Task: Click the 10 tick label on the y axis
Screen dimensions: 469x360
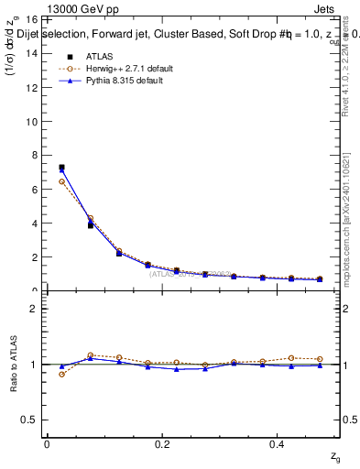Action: point(32,122)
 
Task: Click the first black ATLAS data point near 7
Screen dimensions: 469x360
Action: point(61,168)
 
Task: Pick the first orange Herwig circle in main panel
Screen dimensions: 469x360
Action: point(61,181)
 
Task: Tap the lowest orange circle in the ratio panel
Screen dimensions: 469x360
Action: point(61,374)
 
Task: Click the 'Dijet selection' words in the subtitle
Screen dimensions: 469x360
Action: point(39,34)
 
